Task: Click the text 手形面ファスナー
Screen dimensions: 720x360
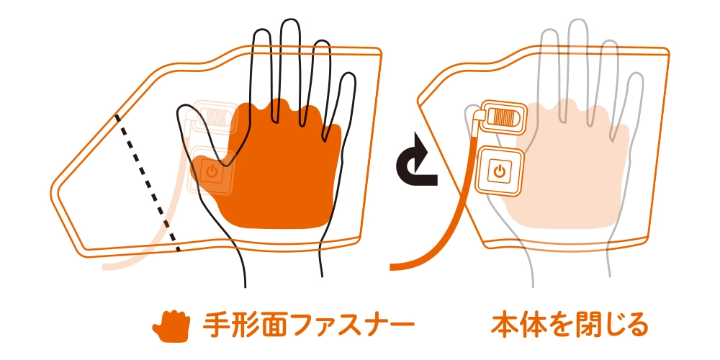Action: (309, 325)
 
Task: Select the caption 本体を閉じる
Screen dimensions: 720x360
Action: (570, 325)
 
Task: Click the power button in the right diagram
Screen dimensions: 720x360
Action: (499, 171)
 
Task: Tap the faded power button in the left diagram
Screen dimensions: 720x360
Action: (212, 172)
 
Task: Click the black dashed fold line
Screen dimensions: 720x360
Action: (147, 182)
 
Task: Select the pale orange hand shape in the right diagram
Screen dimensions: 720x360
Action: (570, 166)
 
